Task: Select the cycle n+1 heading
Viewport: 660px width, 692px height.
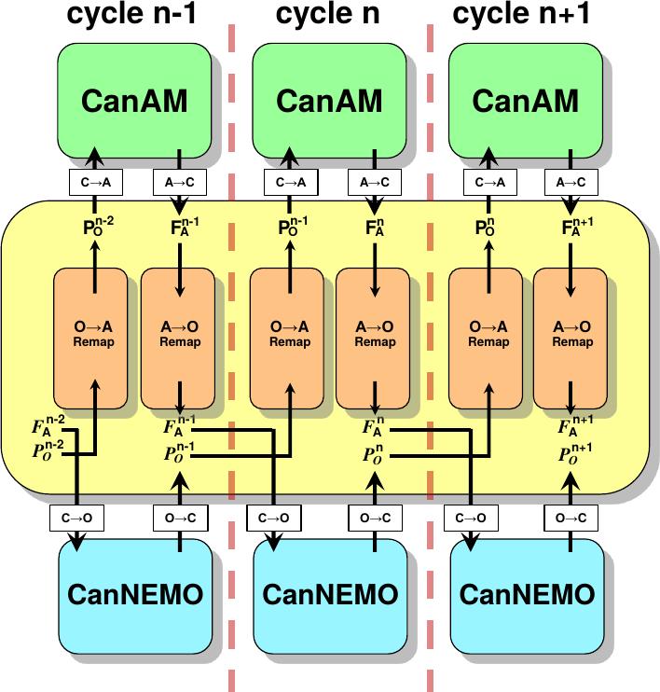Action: click(x=526, y=16)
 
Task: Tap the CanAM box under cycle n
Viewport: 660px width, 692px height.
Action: click(x=329, y=101)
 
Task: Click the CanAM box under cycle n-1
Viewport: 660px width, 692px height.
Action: click(x=134, y=101)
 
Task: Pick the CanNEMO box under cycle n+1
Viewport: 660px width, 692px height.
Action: click(x=527, y=594)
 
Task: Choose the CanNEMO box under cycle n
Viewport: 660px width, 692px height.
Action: click(x=331, y=594)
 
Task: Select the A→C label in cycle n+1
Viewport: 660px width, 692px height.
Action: click(x=571, y=183)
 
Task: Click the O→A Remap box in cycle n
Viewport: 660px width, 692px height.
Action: click(x=286, y=337)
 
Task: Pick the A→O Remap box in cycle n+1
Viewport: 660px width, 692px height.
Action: click(x=571, y=337)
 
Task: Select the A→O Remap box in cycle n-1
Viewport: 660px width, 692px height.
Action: click(x=179, y=337)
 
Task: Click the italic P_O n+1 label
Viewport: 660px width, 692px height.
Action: click(x=576, y=455)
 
